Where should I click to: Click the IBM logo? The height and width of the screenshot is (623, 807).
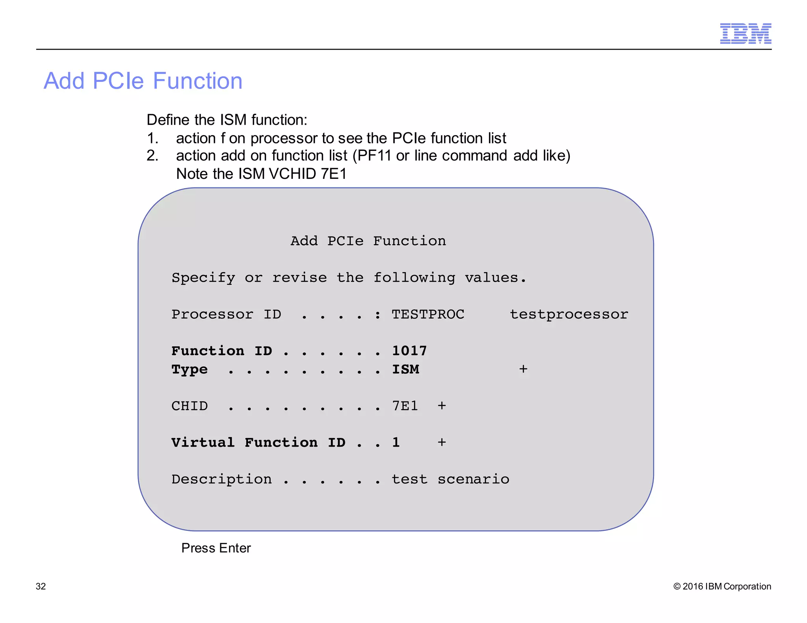click(745, 33)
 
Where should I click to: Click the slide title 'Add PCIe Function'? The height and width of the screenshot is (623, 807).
click(143, 81)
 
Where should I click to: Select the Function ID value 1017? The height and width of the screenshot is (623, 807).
click(409, 350)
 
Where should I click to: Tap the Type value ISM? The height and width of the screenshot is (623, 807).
click(405, 369)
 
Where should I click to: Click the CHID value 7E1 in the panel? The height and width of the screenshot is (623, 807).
click(405, 406)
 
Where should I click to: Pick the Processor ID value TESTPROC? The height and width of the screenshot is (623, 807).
click(428, 314)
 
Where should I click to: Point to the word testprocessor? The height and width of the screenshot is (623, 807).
click(569, 314)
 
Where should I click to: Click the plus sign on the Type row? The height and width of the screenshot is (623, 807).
click(523, 369)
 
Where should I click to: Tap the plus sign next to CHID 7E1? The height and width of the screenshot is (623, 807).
click(441, 406)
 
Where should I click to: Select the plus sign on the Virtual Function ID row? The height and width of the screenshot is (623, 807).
click(441, 442)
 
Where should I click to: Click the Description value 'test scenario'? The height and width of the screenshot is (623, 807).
click(450, 479)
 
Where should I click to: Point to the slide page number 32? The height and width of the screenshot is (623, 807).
click(41, 586)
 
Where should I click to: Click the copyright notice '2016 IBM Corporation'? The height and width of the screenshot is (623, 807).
click(722, 586)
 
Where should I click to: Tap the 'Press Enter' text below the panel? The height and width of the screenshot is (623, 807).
click(216, 548)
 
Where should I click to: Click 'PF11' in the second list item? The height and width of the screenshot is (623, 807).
click(374, 156)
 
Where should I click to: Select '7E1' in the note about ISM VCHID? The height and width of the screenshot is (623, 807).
click(333, 174)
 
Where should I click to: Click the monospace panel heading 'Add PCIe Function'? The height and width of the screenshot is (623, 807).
click(368, 241)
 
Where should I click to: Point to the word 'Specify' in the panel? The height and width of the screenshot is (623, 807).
click(203, 278)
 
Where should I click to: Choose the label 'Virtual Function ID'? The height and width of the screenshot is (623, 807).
click(258, 442)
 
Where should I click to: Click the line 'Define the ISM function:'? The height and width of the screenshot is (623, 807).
click(227, 120)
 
